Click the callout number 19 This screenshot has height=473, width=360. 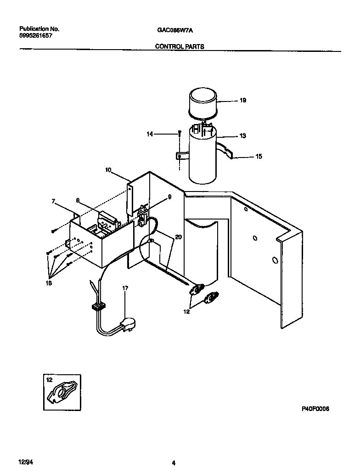243,100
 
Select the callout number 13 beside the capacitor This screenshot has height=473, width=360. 242,135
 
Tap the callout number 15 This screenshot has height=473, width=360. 259,157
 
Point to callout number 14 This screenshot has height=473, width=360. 149,134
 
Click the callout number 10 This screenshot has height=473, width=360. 108,170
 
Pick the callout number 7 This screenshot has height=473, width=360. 53,201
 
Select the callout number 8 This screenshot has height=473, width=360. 78,200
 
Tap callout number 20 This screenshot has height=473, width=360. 178,237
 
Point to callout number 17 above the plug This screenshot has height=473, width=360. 125,288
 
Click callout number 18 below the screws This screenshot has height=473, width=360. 48,283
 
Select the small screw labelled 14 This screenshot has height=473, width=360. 180,134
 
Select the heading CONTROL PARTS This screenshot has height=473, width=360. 180,46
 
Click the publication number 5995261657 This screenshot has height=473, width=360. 33,35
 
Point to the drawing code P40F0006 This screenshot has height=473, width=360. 316,408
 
